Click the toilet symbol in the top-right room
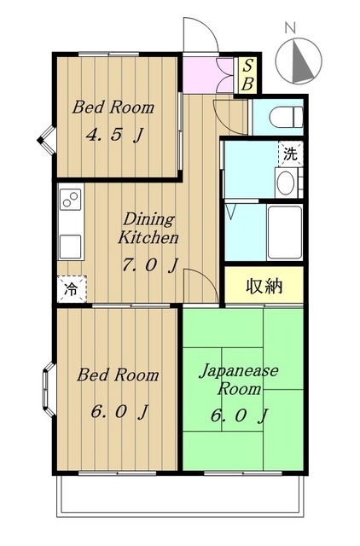pos(286,117)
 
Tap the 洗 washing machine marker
pos(290,154)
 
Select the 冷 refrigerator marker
pos(72,288)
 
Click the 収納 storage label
pos(264,286)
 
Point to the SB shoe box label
pos(247,75)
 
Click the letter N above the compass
pos(290,28)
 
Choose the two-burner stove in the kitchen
pos(71,199)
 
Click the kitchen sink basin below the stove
pos(70,247)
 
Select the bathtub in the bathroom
pos(284,232)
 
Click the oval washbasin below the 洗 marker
pos(286,183)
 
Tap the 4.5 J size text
pos(114,135)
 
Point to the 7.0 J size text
pos(150,265)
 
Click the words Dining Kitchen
pos(148,228)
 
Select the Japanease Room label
pos(239,379)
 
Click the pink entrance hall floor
pos(207,74)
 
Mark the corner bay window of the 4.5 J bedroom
pos(47,140)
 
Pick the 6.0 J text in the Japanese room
pos(239,415)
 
